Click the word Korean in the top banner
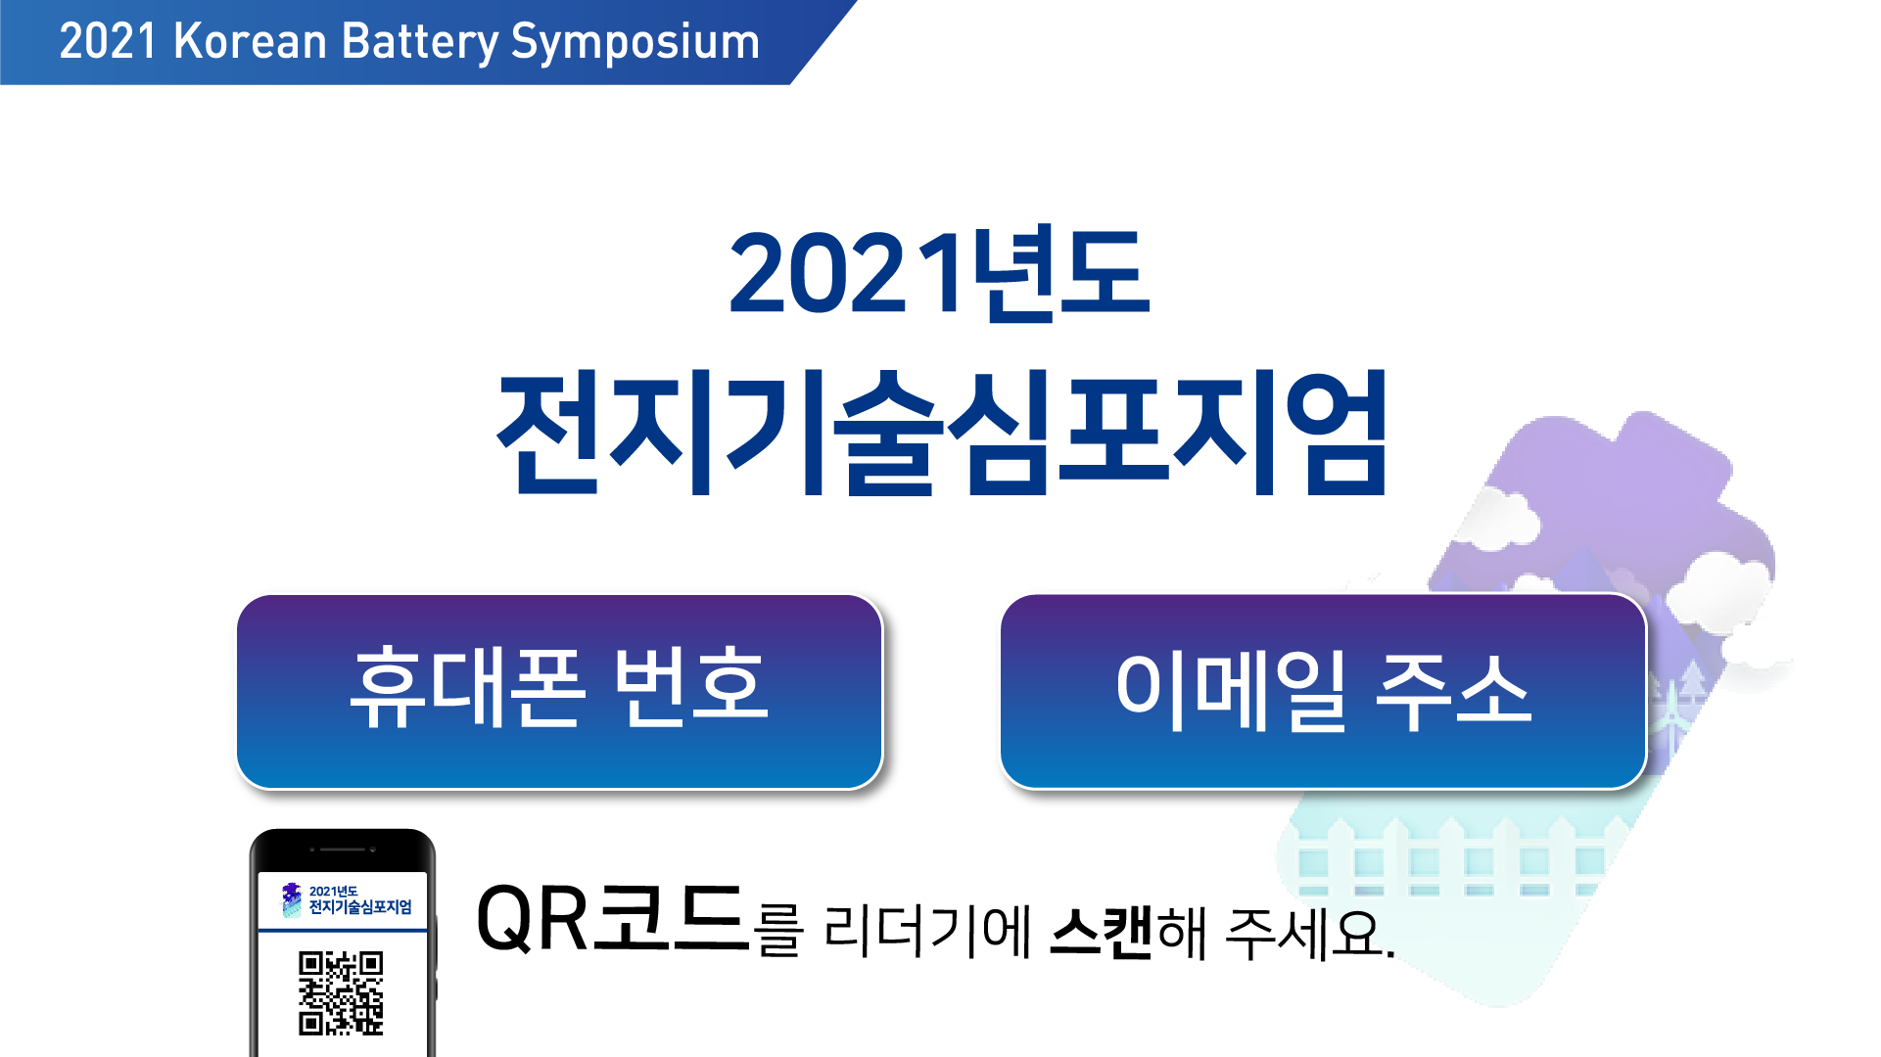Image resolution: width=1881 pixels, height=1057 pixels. coord(250,41)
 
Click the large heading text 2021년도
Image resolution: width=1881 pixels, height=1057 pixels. coord(939,274)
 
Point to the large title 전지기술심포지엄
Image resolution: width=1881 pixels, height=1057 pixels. coord(942,433)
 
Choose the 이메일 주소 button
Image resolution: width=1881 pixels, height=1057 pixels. coord(1323,691)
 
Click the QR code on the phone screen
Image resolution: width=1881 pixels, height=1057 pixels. coord(341,992)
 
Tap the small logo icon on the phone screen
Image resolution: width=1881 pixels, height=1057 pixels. coord(292,899)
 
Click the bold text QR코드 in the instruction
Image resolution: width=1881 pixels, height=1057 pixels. coord(612,918)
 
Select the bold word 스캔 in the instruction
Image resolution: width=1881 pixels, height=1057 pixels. coord(1101,933)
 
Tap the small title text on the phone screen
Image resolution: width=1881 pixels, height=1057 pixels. coord(359,899)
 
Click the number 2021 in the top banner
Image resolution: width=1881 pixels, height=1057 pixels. coord(108,41)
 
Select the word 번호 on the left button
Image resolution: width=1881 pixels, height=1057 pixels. coord(690,686)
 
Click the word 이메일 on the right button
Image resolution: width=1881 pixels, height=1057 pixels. coord(1231,692)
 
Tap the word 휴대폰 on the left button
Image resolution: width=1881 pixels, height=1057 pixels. coord(468,687)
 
